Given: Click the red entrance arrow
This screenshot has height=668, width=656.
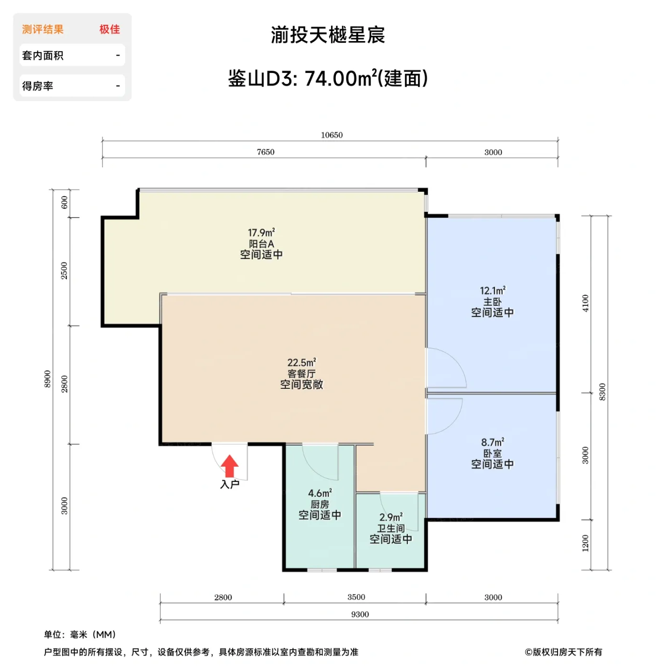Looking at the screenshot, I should tap(229, 466).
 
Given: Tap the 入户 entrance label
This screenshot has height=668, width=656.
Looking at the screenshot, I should tap(229, 485).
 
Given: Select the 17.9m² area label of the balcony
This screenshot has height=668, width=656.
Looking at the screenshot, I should tap(261, 233).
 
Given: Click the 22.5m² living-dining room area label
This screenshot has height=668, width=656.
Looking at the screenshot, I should tap(301, 363).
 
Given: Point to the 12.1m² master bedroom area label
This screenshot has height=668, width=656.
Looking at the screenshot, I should tap(493, 291).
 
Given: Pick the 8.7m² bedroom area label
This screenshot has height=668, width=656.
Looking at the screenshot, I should tap(493, 442).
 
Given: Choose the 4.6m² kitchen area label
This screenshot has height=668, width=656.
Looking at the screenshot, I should tap(320, 493).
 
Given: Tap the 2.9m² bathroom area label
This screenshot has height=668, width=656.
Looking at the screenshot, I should tap(391, 517).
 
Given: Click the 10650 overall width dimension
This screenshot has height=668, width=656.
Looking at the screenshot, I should tap(332, 135).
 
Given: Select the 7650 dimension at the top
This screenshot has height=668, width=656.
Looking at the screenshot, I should tap(266, 152).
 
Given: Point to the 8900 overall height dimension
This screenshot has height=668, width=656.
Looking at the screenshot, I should tap(47, 379).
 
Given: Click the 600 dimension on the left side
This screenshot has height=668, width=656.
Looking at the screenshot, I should tap(65, 203).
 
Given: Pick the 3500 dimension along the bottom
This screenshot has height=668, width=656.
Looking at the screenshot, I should tap(356, 597).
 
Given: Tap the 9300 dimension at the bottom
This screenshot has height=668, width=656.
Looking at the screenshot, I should tap(360, 615).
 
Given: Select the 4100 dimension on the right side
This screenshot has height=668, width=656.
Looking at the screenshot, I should tap(585, 303).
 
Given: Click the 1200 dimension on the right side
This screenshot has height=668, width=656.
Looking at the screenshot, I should tap(585, 543).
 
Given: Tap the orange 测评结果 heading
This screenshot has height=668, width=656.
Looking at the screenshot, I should tap(43, 30).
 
